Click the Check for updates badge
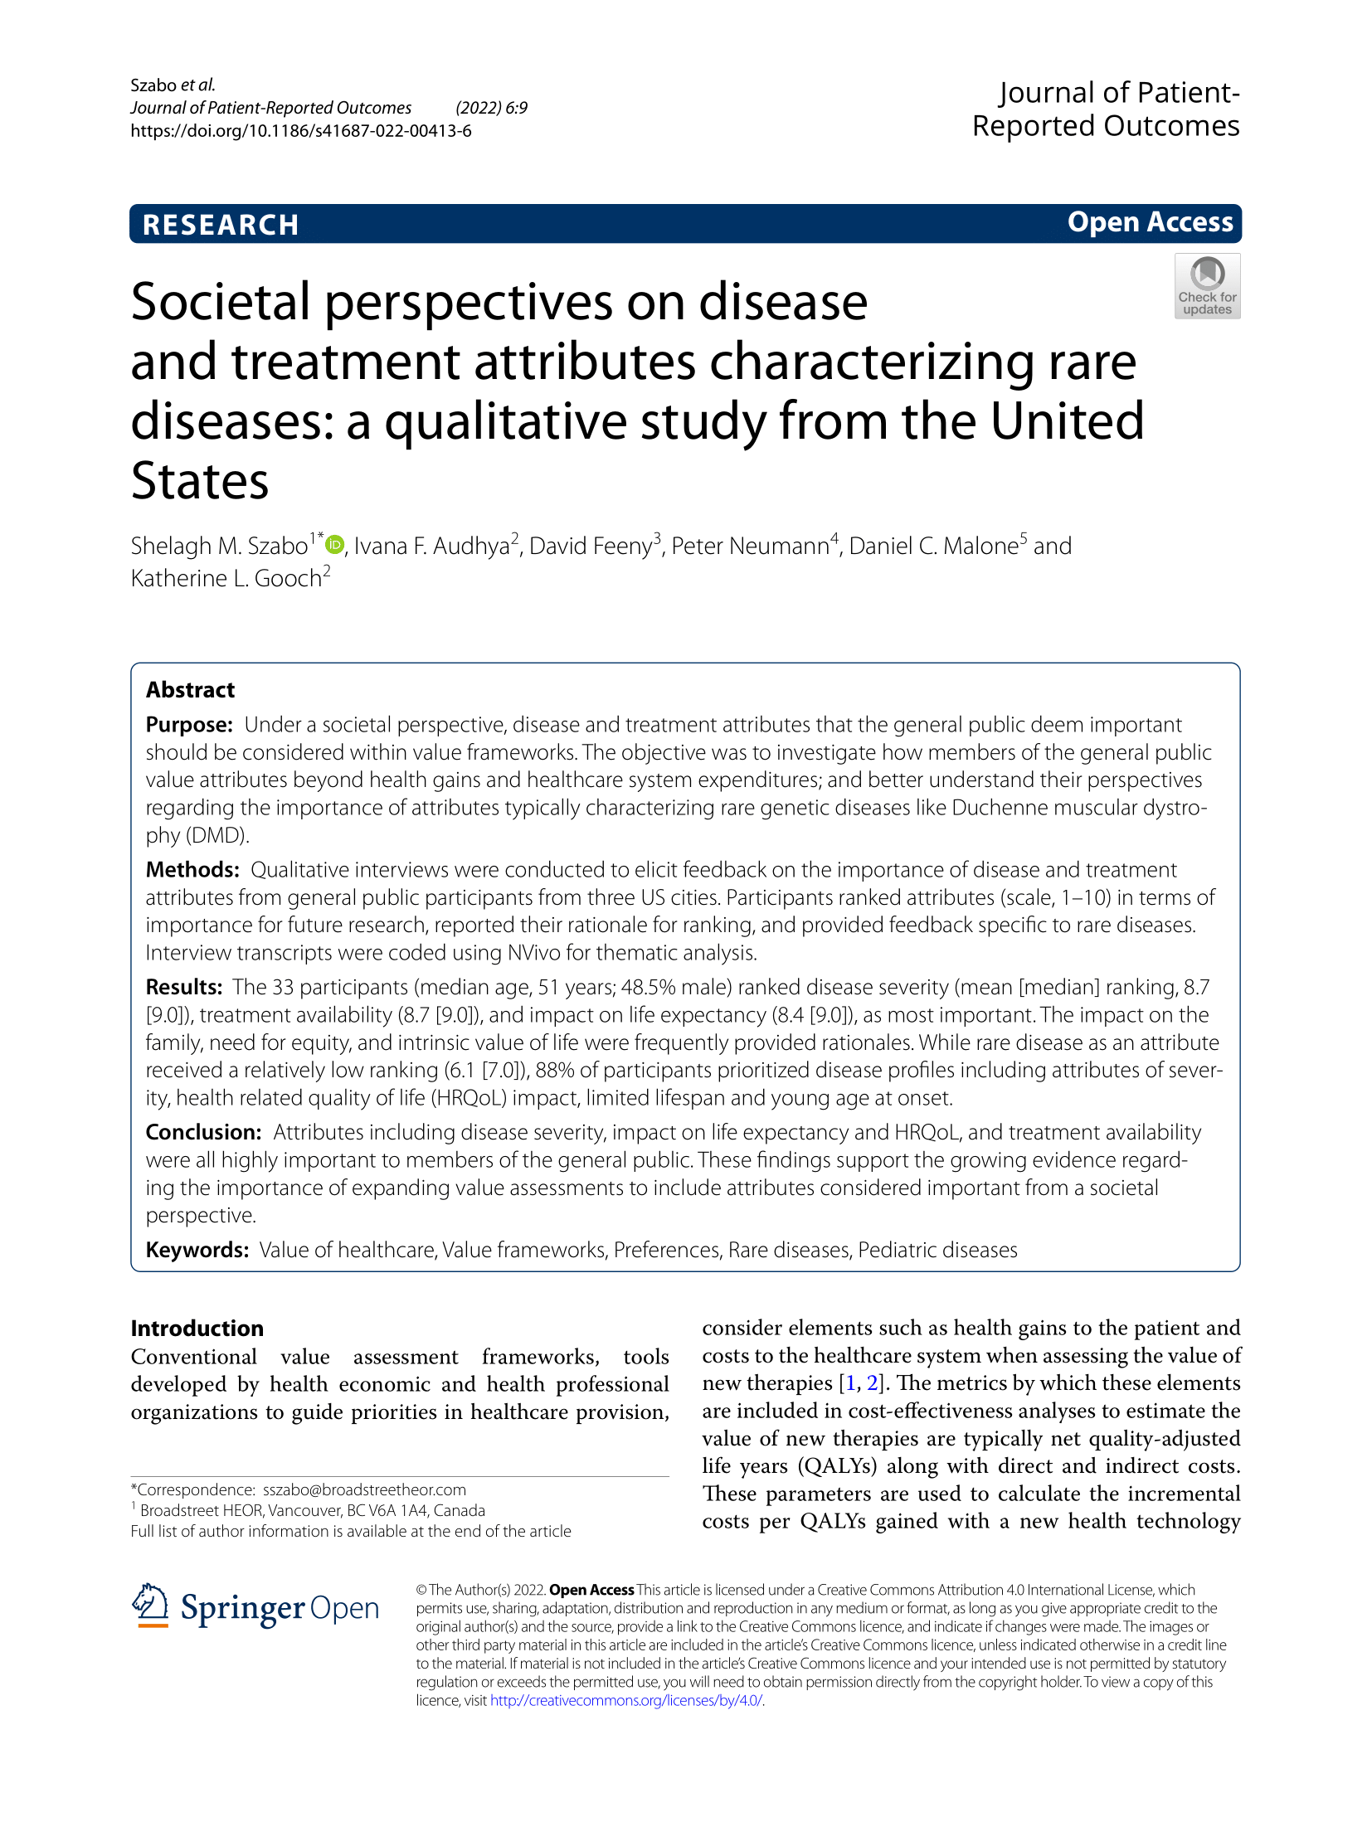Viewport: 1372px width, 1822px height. tap(1207, 286)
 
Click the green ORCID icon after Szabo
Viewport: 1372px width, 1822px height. tap(334, 545)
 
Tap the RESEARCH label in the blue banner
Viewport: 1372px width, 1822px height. tap(221, 225)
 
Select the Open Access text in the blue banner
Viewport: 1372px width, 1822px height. tap(1150, 222)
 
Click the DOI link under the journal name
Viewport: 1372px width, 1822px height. tap(301, 131)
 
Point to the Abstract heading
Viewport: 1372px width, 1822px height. tap(190, 690)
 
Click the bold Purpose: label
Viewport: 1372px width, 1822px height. tap(189, 725)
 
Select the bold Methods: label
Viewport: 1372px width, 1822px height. tap(192, 870)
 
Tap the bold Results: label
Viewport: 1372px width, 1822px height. tap(184, 987)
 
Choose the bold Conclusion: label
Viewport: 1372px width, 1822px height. tap(203, 1132)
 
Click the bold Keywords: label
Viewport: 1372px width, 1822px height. tap(197, 1250)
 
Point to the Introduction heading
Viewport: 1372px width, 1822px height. tap(197, 1329)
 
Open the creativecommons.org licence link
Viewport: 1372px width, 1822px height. tap(625, 1700)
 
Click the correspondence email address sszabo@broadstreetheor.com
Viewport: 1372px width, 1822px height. tap(364, 1489)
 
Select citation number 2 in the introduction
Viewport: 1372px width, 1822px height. tap(871, 1383)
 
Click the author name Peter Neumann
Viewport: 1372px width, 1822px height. tap(750, 547)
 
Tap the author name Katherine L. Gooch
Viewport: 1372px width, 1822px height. tap(226, 579)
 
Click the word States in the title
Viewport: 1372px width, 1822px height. tap(200, 481)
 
